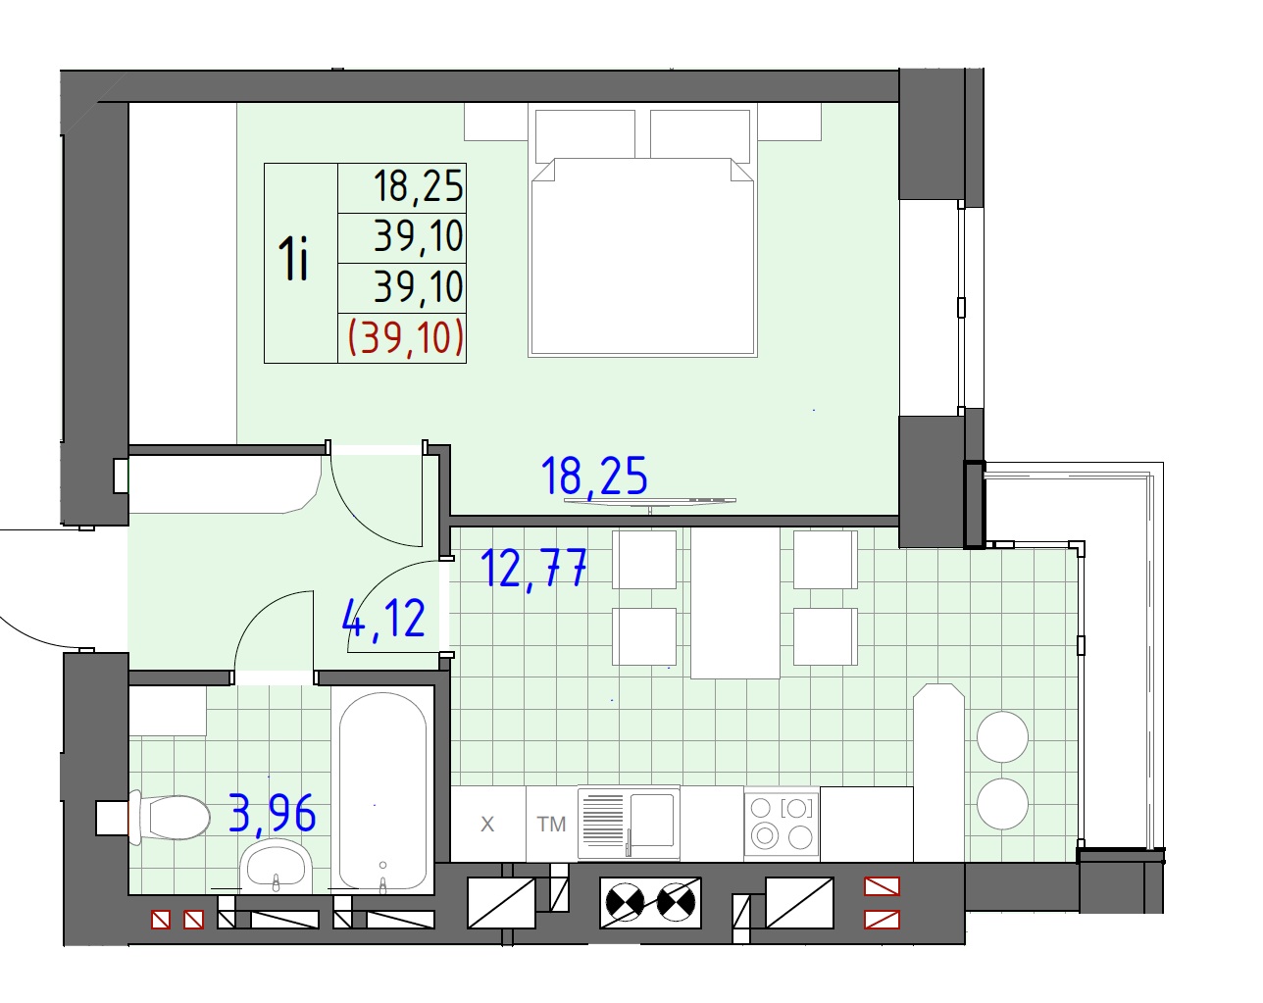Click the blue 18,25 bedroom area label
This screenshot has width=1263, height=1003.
pos(594,476)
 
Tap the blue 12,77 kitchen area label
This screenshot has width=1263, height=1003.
pos(533,568)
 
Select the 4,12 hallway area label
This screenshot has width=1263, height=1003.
pos(383,618)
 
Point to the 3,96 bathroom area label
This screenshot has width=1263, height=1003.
pos(273,813)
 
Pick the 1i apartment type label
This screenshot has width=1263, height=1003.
pos(293,258)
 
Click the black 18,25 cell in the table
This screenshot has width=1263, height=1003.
pos(419,185)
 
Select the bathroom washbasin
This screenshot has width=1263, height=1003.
pos(277,865)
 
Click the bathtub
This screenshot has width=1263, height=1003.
pos(382,790)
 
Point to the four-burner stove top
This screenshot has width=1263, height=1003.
pos(782,823)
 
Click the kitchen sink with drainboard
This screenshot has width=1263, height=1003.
pos(629,823)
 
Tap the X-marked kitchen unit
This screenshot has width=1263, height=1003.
pos(487,824)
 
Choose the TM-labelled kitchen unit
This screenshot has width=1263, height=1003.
pos(552,824)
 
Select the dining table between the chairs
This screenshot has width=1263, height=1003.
pos(734,603)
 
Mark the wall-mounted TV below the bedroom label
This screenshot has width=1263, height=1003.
pos(650,501)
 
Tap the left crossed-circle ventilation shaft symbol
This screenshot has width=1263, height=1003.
pos(626,902)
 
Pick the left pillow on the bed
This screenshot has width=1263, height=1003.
pos(585,135)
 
